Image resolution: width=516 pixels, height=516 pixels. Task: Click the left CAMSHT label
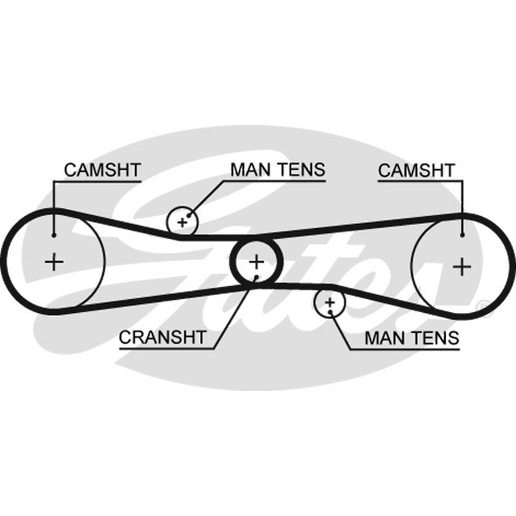click(103, 170)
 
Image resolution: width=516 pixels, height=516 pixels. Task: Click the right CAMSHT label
click(416, 170)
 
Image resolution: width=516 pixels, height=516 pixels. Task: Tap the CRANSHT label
click(163, 337)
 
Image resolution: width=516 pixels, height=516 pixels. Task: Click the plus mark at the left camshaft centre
click(54, 263)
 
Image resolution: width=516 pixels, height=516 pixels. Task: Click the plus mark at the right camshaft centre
click(462, 266)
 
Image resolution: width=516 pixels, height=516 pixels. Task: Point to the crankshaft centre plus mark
click(256, 262)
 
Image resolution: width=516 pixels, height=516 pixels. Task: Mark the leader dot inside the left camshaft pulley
click(54, 235)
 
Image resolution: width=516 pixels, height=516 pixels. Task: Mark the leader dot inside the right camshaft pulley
click(462, 235)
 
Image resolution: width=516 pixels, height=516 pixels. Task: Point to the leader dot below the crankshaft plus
click(256, 278)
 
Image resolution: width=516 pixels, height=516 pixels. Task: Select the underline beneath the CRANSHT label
click(167, 348)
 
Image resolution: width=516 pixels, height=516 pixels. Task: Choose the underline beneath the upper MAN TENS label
click(275, 181)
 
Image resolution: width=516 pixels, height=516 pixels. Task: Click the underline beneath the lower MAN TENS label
click(404, 349)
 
